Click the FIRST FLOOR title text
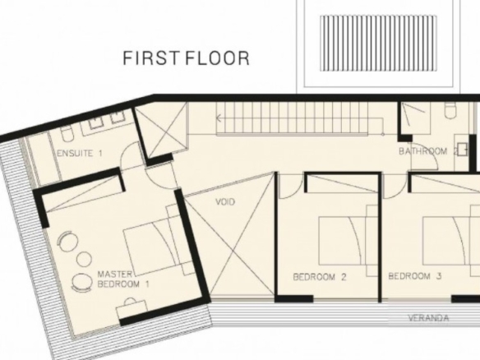(186, 58)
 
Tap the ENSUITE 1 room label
(80, 153)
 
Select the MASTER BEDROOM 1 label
(123, 279)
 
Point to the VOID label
(225, 201)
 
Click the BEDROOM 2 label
(320, 277)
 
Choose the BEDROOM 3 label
(415, 276)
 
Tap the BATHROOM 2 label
(428, 151)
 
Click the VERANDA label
(428, 318)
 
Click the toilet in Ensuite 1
(67, 134)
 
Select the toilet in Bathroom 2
(451, 111)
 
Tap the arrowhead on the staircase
(219, 118)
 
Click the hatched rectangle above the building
(378, 44)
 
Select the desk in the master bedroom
(132, 308)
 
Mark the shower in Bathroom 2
(416, 118)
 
